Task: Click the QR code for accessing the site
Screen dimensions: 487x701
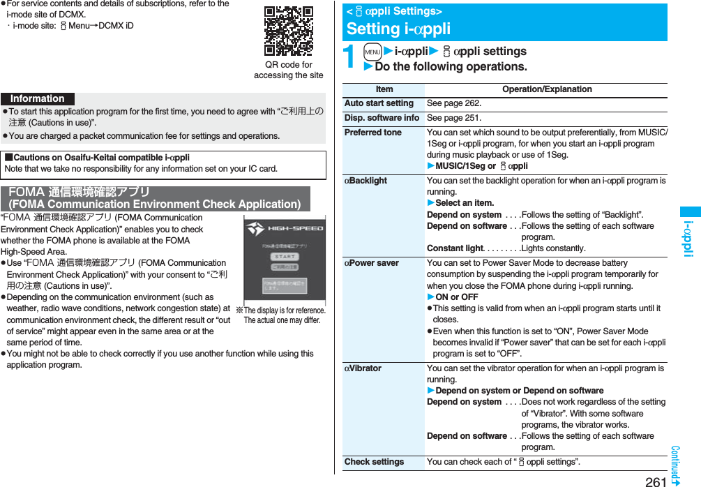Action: (x=289, y=31)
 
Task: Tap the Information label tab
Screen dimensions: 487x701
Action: (x=38, y=99)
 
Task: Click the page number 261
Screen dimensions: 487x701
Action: (x=656, y=481)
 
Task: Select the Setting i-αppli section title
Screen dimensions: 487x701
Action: (x=398, y=29)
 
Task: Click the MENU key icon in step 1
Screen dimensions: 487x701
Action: (x=372, y=52)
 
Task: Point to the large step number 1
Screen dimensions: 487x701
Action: (x=351, y=57)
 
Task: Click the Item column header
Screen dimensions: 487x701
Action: (x=384, y=89)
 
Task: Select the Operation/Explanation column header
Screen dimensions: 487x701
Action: (x=547, y=89)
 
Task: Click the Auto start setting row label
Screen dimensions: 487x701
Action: (x=379, y=103)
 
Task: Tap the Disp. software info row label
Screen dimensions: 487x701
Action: (x=382, y=118)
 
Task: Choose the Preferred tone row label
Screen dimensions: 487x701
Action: (x=373, y=133)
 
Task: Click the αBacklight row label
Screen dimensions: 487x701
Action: (x=366, y=181)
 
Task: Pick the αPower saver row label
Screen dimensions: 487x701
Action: (x=372, y=263)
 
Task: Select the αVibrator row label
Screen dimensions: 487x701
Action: (x=363, y=368)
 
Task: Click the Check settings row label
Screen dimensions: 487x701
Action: (x=374, y=462)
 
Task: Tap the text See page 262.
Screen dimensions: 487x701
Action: (x=454, y=103)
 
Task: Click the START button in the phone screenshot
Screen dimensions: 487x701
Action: (x=285, y=257)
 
